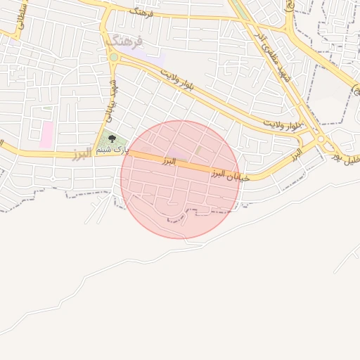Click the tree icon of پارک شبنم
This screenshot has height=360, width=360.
tap(111, 139)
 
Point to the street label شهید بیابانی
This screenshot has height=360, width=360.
tap(110, 98)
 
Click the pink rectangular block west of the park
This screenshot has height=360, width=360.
tap(46, 134)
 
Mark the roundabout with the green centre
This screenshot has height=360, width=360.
tap(113, 57)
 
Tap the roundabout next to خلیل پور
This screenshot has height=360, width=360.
tap(322, 139)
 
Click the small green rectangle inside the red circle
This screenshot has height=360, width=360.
tap(198, 150)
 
